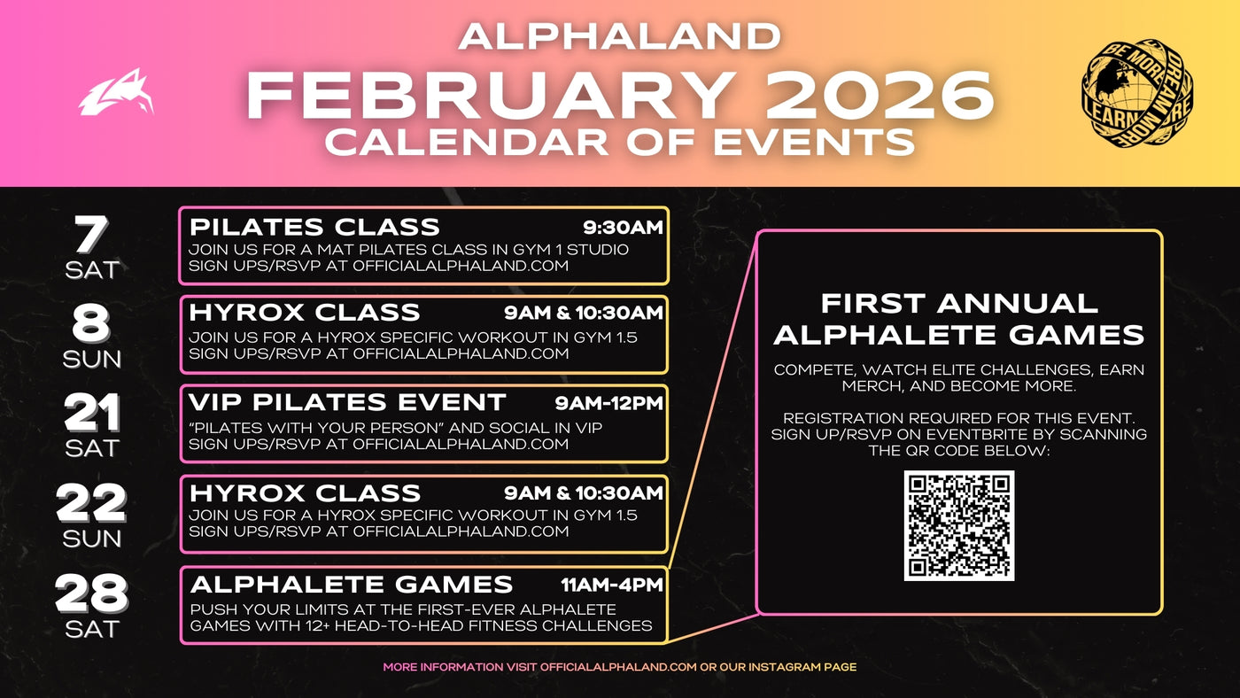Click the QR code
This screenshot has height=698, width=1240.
(x=958, y=525)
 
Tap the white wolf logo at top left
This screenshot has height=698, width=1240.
(x=116, y=93)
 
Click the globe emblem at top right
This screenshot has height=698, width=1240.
(x=1137, y=93)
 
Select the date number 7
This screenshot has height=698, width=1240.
(x=90, y=236)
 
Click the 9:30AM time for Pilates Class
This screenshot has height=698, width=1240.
(x=623, y=228)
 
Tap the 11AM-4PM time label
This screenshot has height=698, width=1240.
(x=611, y=585)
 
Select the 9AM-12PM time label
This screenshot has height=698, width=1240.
(x=608, y=404)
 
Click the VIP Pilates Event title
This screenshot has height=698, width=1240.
(x=347, y=402)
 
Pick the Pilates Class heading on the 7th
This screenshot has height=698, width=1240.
(x=314, y=226)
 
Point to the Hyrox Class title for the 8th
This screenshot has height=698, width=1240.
(x=305, y=312)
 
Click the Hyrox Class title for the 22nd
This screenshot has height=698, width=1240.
(x=305, y=492)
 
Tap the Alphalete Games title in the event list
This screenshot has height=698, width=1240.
(x=352, y=585)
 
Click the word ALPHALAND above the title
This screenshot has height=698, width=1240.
(x=620, y=36)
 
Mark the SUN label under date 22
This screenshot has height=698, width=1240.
(x=91, y=539)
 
